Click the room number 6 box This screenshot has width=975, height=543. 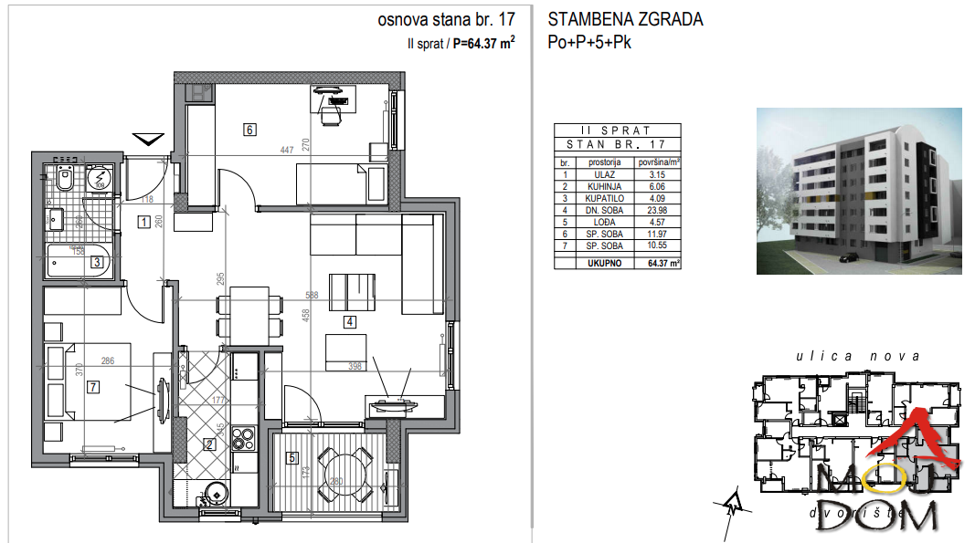click(x=249, y=130)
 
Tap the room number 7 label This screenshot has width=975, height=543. click(x=91, y=386)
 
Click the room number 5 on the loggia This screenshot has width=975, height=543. click(x=292, y=458)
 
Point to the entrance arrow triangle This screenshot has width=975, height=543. click(x=147, y=140)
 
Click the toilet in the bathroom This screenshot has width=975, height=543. click(x=64, y=180)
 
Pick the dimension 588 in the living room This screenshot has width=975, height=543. click(x=313, y=295)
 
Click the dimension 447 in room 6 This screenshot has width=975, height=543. click(x=287, y=151)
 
